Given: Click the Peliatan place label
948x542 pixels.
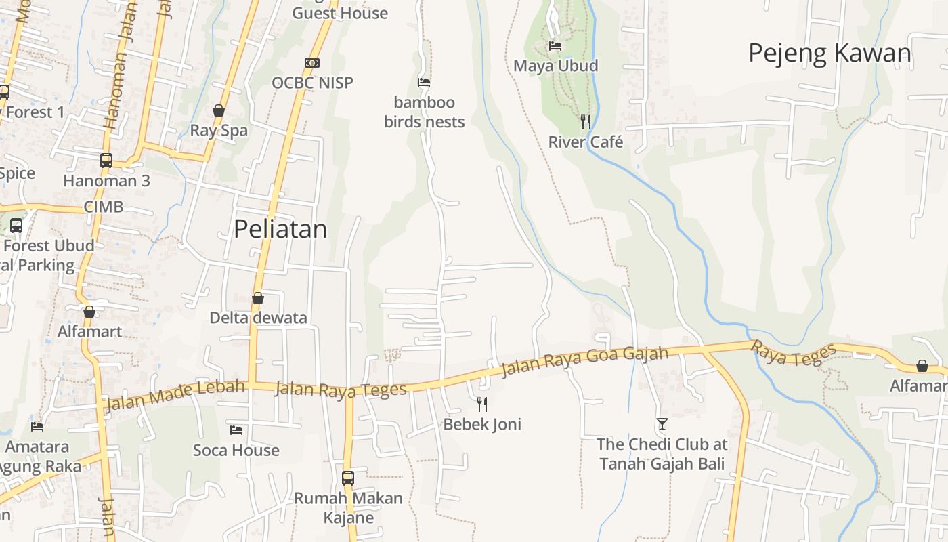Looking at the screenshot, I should [280, 229].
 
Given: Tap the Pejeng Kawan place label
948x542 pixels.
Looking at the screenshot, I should [829, 53].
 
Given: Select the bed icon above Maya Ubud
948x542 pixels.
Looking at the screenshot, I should [555, 46].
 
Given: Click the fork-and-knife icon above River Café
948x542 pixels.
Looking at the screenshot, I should [586, 122].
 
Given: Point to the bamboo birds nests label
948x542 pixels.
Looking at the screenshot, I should [425, 112].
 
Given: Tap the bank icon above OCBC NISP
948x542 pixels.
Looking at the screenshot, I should [312, 63].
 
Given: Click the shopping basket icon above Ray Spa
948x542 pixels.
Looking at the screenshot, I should [219, 110].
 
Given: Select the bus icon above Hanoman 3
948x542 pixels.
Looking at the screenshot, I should [106, 161].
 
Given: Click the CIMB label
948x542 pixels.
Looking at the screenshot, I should [104, 207].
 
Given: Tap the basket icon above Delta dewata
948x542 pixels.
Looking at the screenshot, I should [258, 298].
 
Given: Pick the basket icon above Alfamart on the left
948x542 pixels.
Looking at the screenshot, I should [89, 312].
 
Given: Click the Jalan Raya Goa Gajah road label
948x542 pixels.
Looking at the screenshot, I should [584, 362].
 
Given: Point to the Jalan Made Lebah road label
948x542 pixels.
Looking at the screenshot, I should [175, 395].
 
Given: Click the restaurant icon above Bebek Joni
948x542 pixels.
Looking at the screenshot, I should [482, 404].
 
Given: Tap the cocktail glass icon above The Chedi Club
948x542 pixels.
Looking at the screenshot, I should [662, 424].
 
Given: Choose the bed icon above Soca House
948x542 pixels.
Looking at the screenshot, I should [236, 430].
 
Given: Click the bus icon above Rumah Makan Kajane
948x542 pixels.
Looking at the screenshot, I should [348, 478].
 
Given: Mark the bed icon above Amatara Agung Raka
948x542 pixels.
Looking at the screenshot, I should [37, 427].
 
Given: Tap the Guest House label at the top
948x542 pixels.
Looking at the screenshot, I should [340, 13].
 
